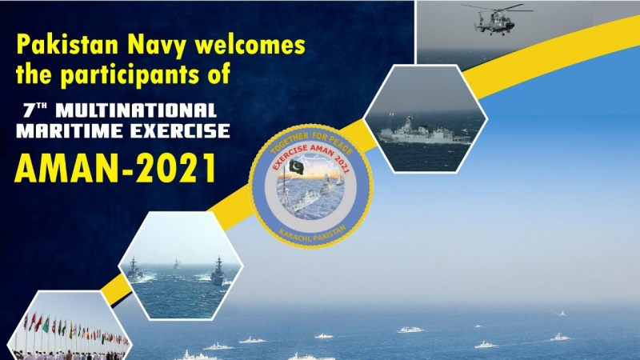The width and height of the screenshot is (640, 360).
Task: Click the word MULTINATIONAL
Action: [136, 110]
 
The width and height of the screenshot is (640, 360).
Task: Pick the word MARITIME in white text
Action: [70, 131]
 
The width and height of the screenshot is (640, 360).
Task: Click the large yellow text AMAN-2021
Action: [115, 168]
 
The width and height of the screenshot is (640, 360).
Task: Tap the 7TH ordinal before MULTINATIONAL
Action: [34, 110]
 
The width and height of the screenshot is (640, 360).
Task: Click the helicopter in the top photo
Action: [496, 18]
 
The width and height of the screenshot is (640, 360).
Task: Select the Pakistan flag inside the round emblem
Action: [297, 166]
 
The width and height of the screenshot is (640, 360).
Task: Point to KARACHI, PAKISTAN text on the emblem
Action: [313, 235]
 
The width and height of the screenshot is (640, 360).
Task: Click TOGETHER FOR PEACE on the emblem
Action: [311, 140]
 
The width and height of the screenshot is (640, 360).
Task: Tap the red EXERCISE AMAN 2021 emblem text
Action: [310, 155]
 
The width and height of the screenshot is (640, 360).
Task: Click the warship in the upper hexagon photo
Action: [425, 132]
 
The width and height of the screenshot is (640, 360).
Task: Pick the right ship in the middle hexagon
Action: [218, 271]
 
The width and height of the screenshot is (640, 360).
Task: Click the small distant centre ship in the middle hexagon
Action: [176, 264]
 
